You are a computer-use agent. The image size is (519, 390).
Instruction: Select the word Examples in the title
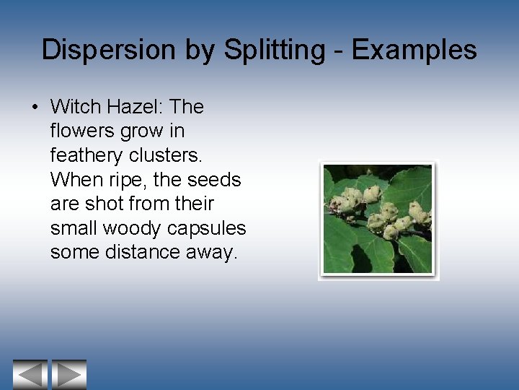(414, 50)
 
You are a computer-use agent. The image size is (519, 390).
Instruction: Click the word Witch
(75, 107)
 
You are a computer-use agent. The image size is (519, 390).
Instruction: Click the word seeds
(214, 180)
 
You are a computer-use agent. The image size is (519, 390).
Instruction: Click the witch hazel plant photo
(378, 220)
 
